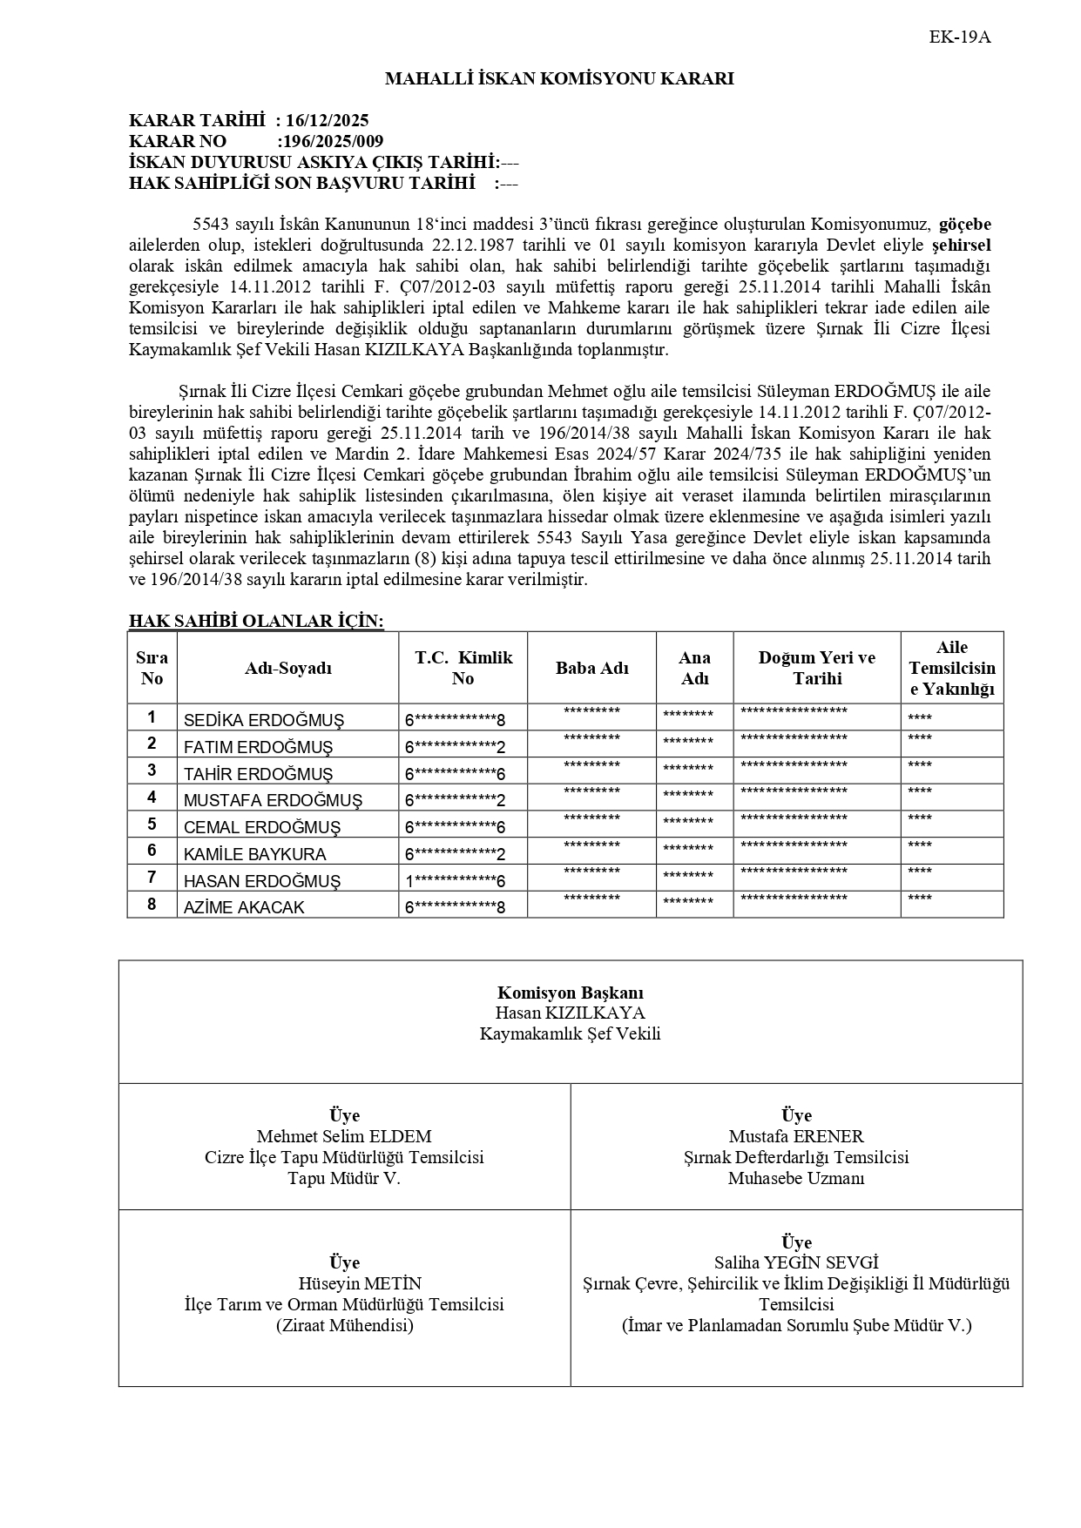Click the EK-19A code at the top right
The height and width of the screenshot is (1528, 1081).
[960, 37]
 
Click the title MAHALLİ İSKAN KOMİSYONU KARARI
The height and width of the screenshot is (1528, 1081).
[559, 79]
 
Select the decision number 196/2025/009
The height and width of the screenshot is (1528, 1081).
[331, 142]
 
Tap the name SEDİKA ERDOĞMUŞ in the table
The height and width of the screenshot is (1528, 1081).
[264, 721]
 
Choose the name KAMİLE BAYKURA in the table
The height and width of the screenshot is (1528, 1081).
[254, 855]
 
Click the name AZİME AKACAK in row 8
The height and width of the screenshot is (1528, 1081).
[244, 908]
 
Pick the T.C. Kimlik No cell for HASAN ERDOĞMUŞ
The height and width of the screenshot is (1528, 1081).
[455, 881]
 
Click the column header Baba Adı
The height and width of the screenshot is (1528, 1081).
[591, 669]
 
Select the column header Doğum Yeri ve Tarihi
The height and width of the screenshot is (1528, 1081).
[816, 669]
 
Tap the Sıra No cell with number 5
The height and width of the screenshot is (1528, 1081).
[152, 825]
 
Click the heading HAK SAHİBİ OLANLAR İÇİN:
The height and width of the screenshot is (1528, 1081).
[256, 621]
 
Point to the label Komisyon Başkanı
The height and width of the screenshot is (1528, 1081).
[571, 993]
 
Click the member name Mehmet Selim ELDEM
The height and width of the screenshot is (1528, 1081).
[344, 1137]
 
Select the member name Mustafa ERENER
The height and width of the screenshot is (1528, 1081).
[796, 1137]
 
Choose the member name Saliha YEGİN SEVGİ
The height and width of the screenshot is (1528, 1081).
[796, 1263]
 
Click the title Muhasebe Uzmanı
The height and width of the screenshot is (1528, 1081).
[796, 1179]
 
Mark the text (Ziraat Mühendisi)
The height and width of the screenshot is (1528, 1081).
[344, 1326]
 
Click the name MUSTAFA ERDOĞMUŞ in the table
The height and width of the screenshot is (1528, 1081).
[273, 801]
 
